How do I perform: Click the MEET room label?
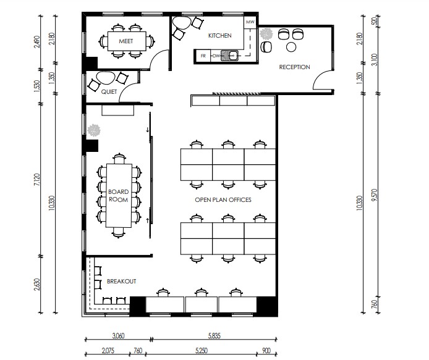126,41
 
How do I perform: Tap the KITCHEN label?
219,36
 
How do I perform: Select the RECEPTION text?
294,67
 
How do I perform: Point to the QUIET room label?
109,92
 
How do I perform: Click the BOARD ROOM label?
118,196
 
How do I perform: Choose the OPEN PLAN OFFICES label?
223,200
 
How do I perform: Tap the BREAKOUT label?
122,282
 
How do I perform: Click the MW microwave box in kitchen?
250,22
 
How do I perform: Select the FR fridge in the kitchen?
203,56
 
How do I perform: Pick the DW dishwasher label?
216,56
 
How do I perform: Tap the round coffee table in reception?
291,47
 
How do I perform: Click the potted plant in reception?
266,34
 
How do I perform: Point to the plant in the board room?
94,130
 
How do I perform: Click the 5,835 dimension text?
214,336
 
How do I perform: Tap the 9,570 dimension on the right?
375,195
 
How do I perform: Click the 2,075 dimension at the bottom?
108,351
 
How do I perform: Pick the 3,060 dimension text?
118,336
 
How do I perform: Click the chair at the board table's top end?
119,159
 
